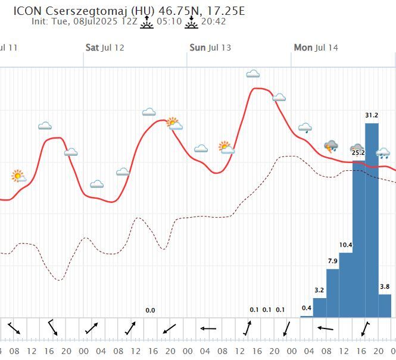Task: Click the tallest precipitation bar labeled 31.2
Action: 372,220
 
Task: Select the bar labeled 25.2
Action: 358,238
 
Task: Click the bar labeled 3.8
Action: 385,305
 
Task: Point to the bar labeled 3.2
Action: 320,307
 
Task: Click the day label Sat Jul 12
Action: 105,48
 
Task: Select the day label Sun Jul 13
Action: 210,48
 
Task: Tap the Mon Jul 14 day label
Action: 316,48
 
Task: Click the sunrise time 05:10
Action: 169,21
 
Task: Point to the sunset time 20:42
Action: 214,21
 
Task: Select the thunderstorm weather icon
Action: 331,146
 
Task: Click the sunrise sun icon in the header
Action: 146,21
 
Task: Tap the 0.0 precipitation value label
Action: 150,310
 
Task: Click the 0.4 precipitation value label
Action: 307,308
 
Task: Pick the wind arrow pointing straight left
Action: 208,328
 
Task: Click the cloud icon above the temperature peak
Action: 253,74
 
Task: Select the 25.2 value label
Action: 358,153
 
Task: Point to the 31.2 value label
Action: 372,115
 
